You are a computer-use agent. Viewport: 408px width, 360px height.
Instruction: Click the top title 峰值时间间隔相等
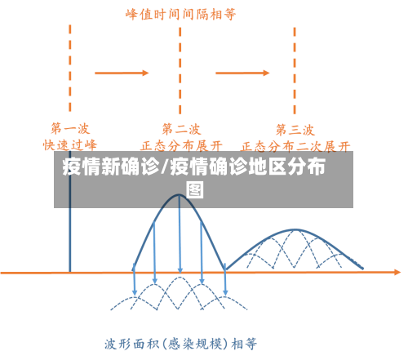(x=180, y=14)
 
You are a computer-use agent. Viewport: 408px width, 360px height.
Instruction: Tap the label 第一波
(x=70, y=128)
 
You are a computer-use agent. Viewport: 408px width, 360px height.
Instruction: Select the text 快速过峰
(x=70, y=144)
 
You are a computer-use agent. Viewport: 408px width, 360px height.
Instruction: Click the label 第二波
(x=180, y=128)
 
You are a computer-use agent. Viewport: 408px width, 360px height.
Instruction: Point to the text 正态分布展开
(x=181, y=145)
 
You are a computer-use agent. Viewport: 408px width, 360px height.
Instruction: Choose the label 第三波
(x=295, y=128)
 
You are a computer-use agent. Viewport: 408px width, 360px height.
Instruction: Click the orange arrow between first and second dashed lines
(x=122, y=73)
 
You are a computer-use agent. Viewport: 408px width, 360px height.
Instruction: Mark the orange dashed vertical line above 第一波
(x=70, y=65)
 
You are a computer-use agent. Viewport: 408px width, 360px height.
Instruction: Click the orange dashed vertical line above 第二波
(x=180, y=65)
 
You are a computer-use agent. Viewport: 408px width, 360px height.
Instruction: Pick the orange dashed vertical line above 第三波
(x=295, y=65)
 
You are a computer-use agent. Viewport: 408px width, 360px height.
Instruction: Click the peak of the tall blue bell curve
(x=180, y=195)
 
